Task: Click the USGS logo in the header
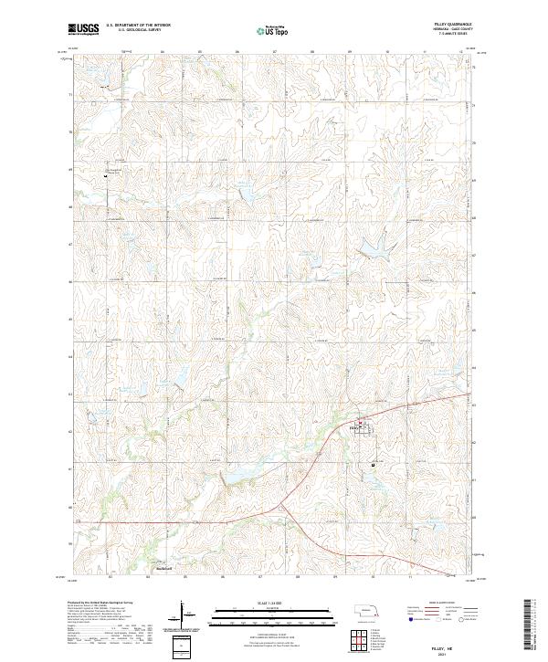[84, 30]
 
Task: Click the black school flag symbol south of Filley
[374, 465]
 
